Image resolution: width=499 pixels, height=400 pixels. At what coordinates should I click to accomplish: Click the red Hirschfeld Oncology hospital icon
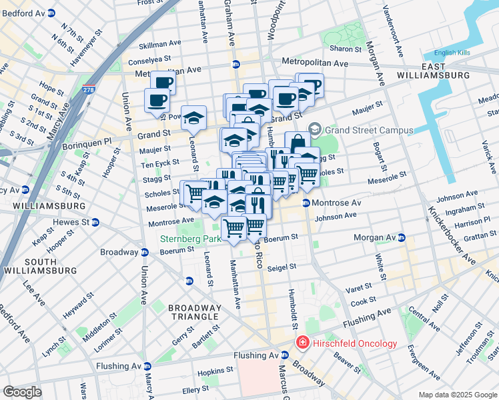click(302, 343)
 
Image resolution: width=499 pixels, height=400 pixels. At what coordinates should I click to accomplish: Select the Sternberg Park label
click(190, 238)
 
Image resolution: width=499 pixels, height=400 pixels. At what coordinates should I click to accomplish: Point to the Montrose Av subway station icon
click(306, 203)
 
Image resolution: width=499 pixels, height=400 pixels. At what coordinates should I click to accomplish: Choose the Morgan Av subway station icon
click(402, 237)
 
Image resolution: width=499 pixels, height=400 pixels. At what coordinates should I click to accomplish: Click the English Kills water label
click(454, 53)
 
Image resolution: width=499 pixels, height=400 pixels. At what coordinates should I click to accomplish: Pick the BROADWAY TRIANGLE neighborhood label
click(193, 311)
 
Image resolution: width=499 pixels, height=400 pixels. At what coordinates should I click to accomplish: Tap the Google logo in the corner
click(22, 391)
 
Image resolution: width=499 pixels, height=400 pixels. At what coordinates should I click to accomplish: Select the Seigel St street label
click(281, 267)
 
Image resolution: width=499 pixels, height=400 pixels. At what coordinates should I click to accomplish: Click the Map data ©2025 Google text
click(457, 395)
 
